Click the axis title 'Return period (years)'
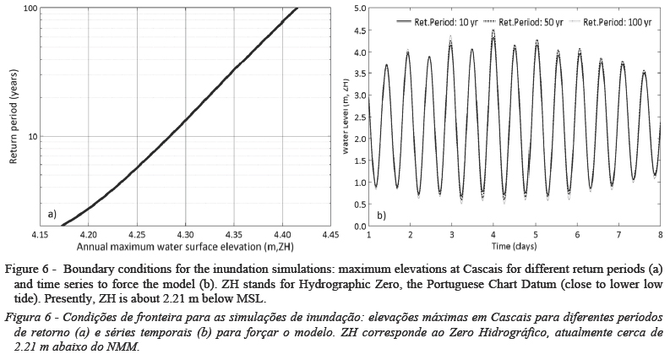(x=12, y=117)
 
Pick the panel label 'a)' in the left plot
(x=52, y=215)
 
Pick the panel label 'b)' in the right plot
(x=381, y=215)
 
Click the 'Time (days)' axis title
(x=513, y=246)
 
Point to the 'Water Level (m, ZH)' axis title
(x=347, y=117)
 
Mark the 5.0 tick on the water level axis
(x=360, y=8)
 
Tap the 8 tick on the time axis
(x=659, y=234)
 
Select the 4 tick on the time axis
(x=493, y=234)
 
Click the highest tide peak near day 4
(x=493, y=30)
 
